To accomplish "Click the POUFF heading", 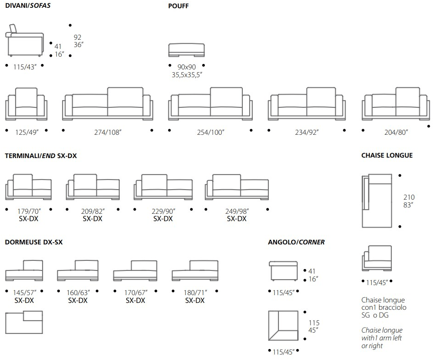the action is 178,6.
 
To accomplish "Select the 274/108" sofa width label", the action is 108,132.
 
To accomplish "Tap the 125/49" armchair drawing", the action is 26,104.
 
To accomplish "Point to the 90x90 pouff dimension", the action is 187,67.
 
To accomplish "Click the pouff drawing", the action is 187,50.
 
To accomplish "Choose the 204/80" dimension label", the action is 396,132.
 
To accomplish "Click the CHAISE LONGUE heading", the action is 387,155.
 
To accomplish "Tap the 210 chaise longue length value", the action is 409,197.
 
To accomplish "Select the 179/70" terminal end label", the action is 29,212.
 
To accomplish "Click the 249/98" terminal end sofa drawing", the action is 237,187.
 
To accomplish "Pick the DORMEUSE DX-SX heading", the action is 34,242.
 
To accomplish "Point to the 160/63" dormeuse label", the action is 78,292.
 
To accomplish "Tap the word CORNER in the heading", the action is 312,242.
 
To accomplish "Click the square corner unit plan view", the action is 283,326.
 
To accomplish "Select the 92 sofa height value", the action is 77,37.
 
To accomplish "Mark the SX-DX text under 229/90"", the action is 163,219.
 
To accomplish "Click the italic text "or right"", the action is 372,346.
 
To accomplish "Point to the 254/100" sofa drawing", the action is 210,104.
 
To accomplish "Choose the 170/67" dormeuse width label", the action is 136,292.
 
